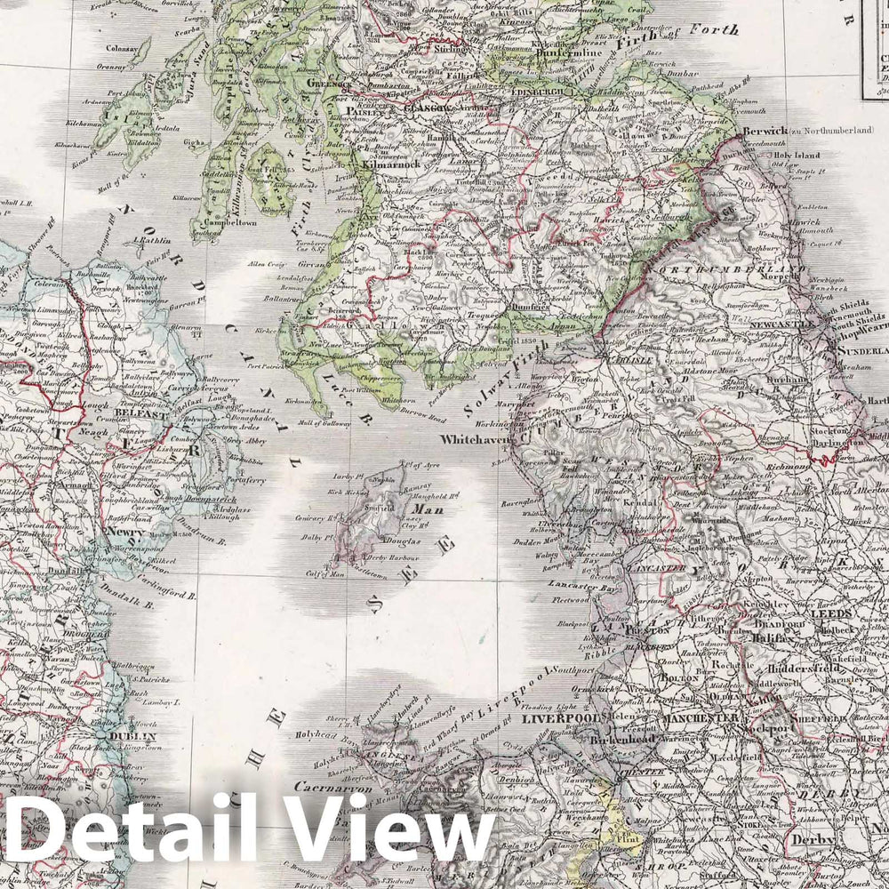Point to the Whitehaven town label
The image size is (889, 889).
point(476,438)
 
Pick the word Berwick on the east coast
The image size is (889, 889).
point(763,130)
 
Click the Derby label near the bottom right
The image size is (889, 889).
point(814,840)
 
